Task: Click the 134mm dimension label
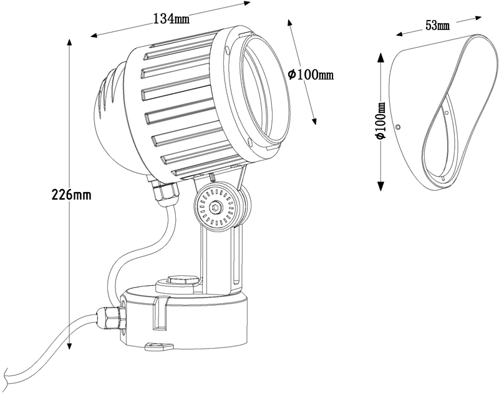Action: point(171,19)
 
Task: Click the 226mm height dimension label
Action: point(71,195)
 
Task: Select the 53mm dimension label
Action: point(438,26)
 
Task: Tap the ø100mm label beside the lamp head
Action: point(311,75)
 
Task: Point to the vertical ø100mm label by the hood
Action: point(380,121)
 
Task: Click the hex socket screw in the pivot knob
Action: point(215,208)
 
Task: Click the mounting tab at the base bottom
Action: point(158,346)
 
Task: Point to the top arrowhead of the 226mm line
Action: point(70,43)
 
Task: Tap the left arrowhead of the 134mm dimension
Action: point(95,36)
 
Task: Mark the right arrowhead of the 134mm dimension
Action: point(246,4)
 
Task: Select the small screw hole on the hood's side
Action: point(397,127)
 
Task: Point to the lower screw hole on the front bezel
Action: point(249,141)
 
